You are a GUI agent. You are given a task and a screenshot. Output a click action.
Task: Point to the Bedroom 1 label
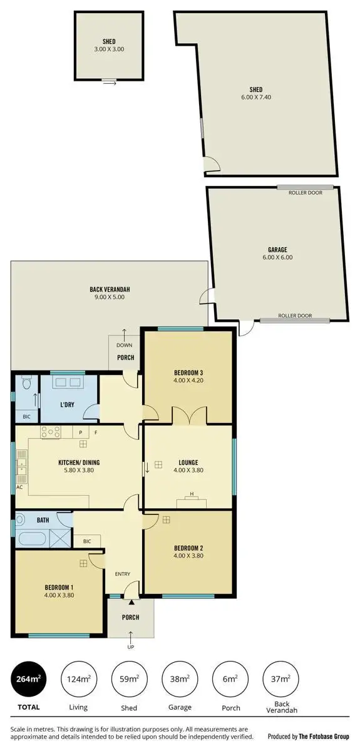59,586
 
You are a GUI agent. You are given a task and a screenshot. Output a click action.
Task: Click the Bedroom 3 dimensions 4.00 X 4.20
188,381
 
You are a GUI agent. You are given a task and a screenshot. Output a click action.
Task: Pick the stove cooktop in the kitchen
49,432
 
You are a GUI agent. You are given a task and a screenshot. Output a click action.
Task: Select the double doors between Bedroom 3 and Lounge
188,416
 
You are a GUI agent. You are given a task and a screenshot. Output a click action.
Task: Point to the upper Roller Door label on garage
305,193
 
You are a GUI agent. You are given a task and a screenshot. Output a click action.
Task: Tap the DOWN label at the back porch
124,345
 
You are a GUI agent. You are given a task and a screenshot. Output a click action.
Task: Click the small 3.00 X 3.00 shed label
105,48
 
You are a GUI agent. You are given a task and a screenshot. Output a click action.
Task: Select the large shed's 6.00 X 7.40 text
255,97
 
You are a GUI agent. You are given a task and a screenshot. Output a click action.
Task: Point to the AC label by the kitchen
19,486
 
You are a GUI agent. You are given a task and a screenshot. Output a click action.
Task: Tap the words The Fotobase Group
324,737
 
